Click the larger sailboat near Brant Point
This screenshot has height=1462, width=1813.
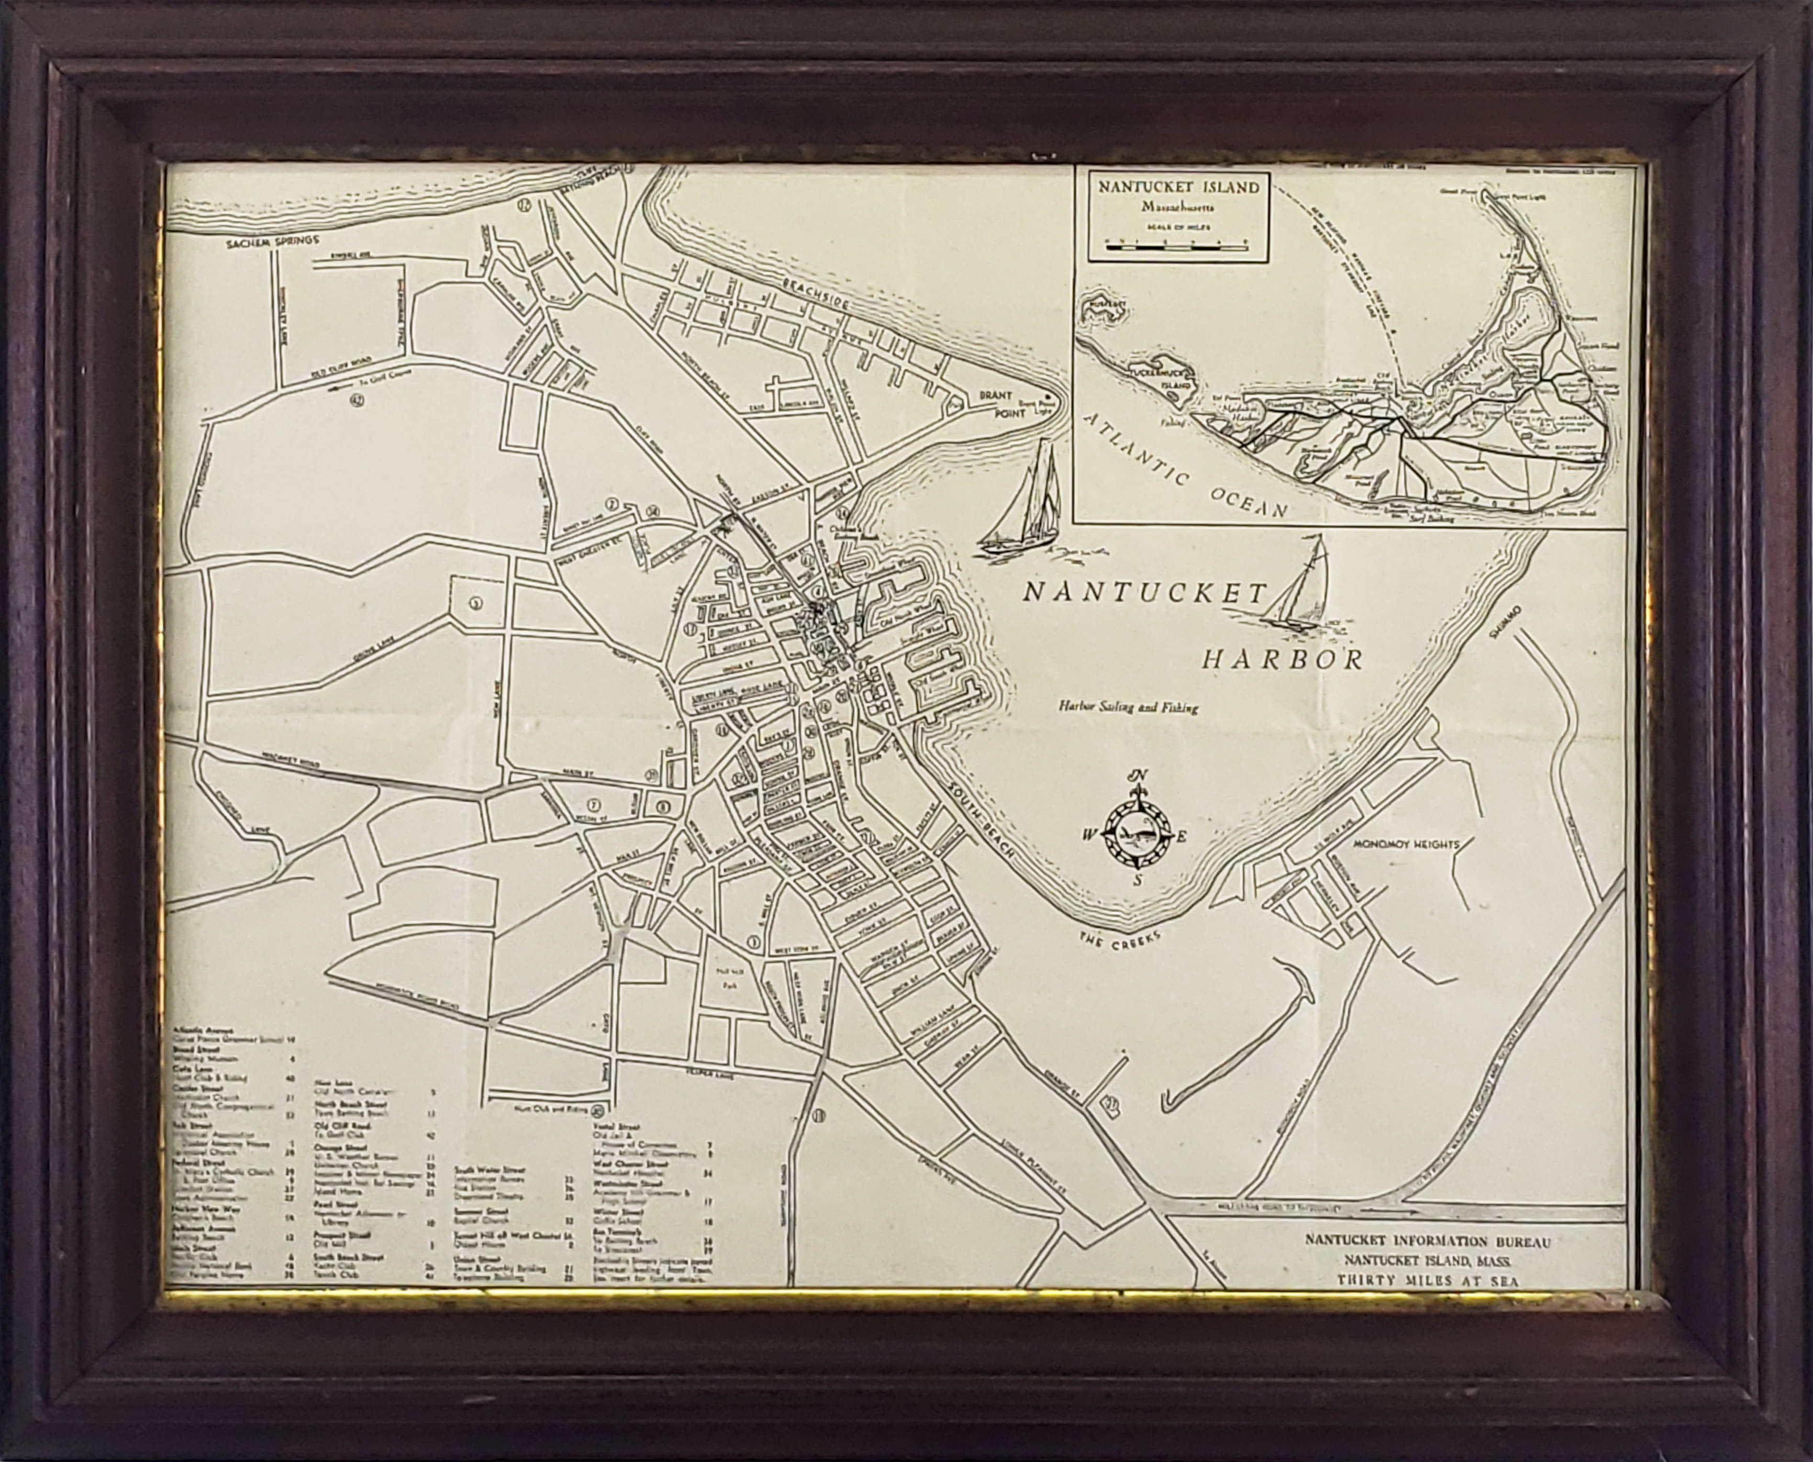(x=1023, y=505)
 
